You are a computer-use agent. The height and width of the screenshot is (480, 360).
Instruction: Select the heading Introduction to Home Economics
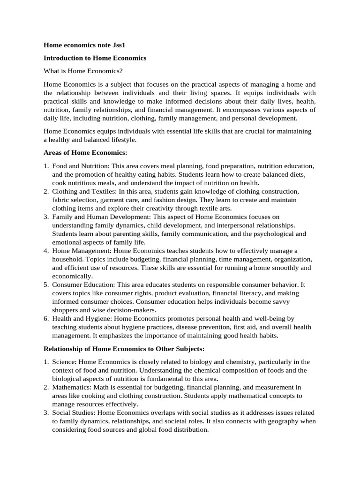(x=95, y=58)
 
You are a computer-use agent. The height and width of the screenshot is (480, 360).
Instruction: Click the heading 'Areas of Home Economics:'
(x=85, y=152)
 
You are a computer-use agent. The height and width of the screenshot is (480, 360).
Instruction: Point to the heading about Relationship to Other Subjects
(x=124, y=349)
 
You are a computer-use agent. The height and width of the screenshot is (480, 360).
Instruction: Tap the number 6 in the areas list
(x=46, y=318)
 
